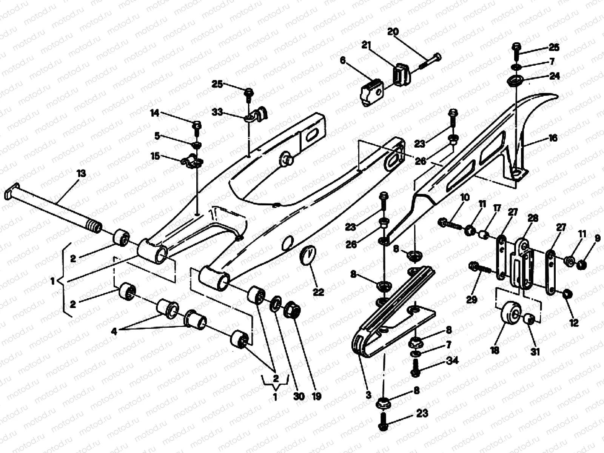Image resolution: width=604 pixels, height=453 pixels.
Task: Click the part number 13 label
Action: point(81,174)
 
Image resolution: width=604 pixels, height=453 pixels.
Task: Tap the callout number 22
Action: point(319,292)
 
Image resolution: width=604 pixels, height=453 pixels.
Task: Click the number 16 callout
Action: point(553,138)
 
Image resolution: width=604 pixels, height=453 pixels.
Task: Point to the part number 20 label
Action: point(393,32)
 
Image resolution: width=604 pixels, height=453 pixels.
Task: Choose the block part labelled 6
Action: point(371,92)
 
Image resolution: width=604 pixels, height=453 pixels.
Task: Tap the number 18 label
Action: point(495,350)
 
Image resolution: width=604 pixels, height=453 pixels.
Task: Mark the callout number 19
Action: point(316,396)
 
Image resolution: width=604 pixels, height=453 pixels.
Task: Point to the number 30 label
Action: point(298,396)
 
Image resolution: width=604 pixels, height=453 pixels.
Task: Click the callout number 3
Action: point(368,395)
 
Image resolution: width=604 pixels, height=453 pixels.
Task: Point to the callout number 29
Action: point(472,299)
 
